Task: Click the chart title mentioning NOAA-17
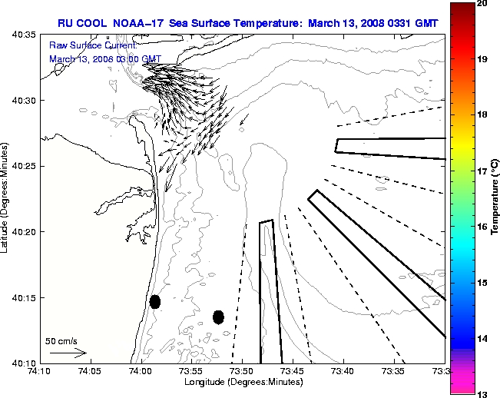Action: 247,23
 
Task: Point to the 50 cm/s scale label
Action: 61,340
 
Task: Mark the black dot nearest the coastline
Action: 154,301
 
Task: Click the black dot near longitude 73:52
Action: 218,317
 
